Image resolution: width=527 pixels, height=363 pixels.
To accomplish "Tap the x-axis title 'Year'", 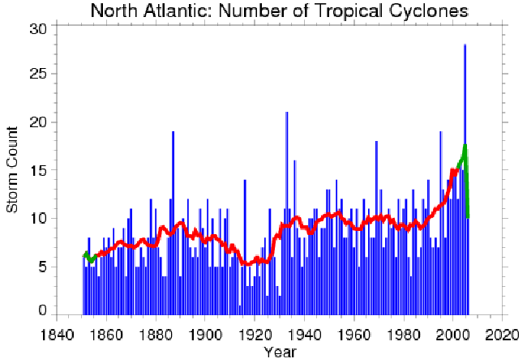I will click(x=280, y=352).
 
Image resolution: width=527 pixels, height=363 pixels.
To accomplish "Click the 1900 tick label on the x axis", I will click(x=206, y=333).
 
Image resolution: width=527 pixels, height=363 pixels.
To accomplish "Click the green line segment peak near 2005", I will click(x=465, y=147).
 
